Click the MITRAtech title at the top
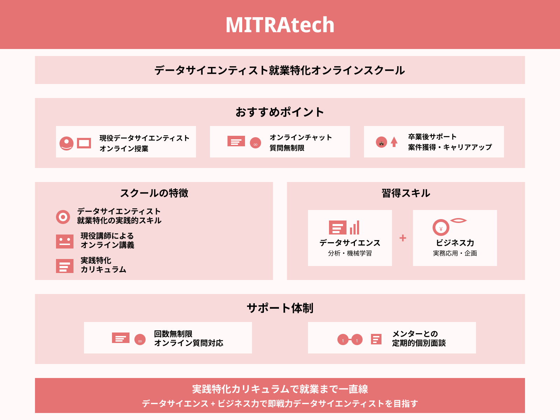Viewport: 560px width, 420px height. [280, 25]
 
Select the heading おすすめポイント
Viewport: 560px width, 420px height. [280, 112]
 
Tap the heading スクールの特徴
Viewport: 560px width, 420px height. [154, 193]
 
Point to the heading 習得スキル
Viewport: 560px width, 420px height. [406, 193]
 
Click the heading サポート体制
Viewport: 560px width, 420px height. [280, 308]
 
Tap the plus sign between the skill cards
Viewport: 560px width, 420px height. [402, 238]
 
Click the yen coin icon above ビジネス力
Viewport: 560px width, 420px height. [441, 227]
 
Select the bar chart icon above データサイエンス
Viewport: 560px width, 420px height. [354, 227]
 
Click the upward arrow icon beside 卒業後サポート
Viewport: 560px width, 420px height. [394, 142]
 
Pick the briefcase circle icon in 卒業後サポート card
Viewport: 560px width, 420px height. [381, 142]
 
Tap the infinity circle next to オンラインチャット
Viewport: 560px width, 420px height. [255, 143]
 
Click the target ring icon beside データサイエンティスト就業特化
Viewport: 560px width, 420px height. [63, 217]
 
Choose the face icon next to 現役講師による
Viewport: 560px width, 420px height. [65, 241]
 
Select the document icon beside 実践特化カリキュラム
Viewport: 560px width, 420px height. [65, 266]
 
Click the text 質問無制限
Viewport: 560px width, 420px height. [287, 148]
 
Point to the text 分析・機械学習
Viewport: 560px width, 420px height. [350, 253]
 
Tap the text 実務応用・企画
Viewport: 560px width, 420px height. [455, 253]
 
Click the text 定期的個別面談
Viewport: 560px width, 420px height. [419, 343]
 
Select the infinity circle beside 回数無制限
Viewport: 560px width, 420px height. [140, 339]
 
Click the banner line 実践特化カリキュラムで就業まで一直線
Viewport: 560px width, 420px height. [280, 389]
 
